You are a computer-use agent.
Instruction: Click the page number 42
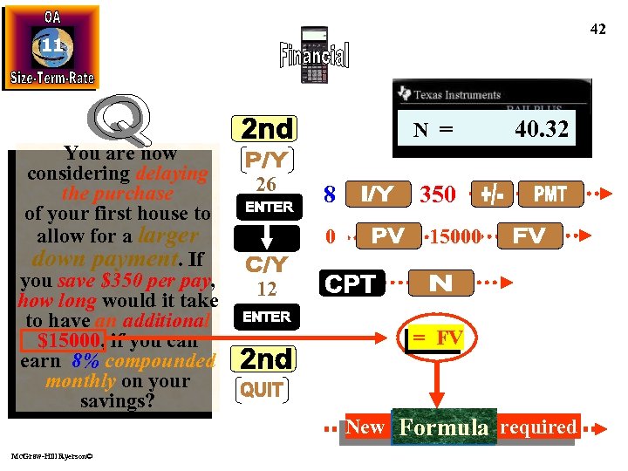[x=597, y=30]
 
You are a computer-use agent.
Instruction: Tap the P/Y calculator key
[x=266, y=161]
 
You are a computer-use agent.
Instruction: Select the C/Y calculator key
[x=266, y=263]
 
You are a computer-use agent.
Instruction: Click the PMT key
[x=549, y=194]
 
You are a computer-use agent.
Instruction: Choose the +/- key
[x=490, y=194]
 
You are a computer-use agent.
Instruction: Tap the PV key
[x=387, y=235]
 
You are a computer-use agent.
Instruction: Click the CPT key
[x=350, y=283]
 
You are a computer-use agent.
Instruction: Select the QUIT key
[x=262, y=390]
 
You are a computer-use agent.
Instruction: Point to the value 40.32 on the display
[x=541, y=130]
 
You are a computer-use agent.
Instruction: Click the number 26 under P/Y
[x=266, y=184]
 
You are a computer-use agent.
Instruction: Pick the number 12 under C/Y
[x=266, y=289]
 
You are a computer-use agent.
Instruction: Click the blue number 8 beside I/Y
[x=330, y=195]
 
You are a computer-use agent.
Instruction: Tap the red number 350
[x=438, y=195]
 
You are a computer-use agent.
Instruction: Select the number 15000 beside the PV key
[x=453, y=236]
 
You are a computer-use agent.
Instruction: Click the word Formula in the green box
[x=443, y=427]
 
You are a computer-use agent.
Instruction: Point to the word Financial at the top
[x=314, y=57]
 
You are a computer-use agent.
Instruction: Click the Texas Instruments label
[x=455, y=94]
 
